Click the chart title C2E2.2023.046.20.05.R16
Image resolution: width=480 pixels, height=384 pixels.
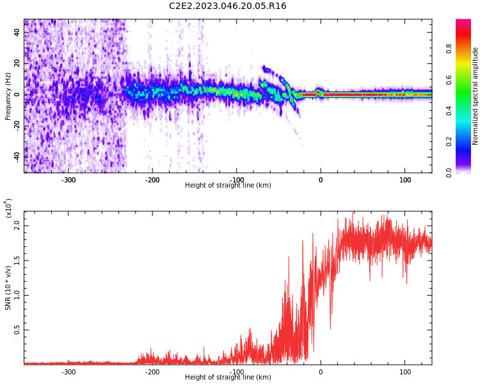click(x=228, y=6)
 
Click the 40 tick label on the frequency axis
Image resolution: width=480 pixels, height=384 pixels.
click(x=17, y=33)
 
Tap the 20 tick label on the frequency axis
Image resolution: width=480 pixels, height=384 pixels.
click(x=17, y=63)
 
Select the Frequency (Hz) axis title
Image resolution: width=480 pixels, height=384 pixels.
click(x=8, y=96)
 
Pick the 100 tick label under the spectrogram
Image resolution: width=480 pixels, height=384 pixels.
click(x=405, y=180)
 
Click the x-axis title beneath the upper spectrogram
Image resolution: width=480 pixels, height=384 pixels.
click(x=228, y=186)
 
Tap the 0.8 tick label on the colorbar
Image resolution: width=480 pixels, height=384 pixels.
click(x=467, y=47)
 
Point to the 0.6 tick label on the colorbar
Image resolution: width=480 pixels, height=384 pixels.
click(x=467, y=79)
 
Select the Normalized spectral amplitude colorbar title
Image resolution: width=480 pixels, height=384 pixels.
click(x=476, y=96)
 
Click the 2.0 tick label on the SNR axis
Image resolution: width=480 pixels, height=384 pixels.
click(x=17, y=225)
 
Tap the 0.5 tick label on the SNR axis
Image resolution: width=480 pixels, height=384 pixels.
click(x=17, y=330)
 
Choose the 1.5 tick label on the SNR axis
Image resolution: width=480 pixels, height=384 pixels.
click(x=17, y=260)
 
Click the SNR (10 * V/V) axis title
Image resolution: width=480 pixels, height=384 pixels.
click(x=8, y=289)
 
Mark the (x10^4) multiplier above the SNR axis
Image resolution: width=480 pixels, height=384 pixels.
click(x=8, y=208)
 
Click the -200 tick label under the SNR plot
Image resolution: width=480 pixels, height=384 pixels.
click(x=152, y=372)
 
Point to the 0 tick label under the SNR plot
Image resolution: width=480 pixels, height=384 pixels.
click(x=321, y=372)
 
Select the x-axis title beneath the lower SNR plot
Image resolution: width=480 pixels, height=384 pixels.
click(x=228, y=378)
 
